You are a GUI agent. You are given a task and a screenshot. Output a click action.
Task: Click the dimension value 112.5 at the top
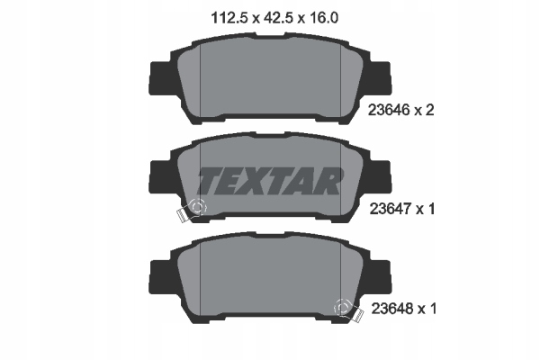213,16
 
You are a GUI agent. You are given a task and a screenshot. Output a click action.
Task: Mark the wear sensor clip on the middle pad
192,210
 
